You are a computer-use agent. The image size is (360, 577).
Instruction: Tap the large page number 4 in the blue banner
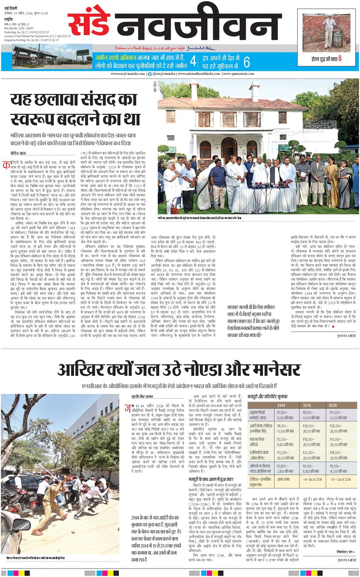click(193, 62)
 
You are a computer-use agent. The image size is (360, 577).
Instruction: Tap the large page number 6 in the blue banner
click(246, 62)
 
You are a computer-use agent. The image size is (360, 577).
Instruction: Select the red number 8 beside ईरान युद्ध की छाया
click(340, 58)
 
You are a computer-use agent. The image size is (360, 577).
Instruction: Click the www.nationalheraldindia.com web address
click(198, 74)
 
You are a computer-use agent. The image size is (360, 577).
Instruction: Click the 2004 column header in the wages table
click(281, 405)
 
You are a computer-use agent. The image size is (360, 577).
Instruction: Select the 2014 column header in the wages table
click(307, 405)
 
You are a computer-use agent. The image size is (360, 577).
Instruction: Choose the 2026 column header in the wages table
click(333, 405)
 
